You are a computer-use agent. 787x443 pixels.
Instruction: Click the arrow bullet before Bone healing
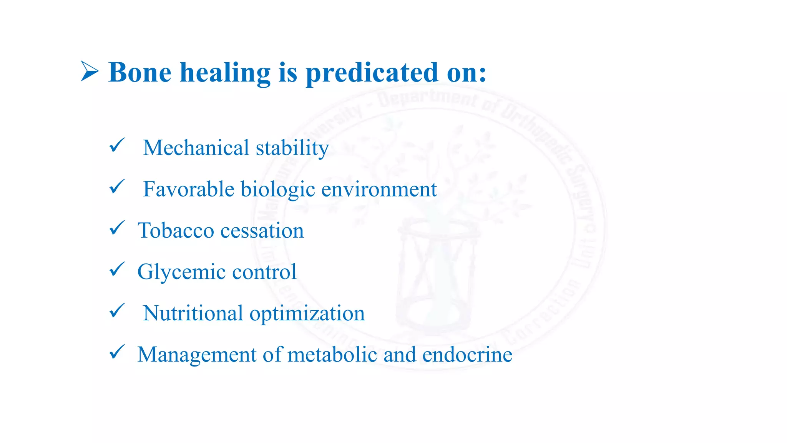pos(89,72)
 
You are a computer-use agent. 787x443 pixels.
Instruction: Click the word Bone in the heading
pos(140,72)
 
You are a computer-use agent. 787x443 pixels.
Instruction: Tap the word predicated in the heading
pos(372,73)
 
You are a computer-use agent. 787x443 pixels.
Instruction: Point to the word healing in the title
pos(225,73)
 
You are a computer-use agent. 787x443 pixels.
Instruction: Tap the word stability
pos(292,148)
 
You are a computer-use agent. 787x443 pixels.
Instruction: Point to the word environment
pos(379,189)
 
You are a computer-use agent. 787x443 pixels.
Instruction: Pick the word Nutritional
pos(193,313)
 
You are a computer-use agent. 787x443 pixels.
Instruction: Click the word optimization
pos(307,314)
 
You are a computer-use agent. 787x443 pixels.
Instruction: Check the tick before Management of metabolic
pos(117,352)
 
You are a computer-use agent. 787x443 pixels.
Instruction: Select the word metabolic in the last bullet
pos(332,354)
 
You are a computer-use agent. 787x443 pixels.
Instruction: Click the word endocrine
pos(467,354)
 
